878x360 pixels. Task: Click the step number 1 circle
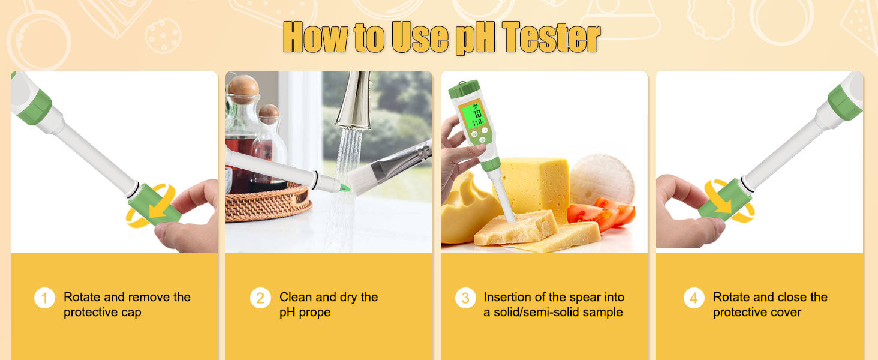click(44, 298)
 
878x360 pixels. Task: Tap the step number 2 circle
click(260, 298)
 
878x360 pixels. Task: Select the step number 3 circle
click(465, 298)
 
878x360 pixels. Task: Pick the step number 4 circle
click(694, 298)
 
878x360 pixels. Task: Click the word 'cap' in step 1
click(131, 313)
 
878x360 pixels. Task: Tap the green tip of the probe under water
click(345, 188)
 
